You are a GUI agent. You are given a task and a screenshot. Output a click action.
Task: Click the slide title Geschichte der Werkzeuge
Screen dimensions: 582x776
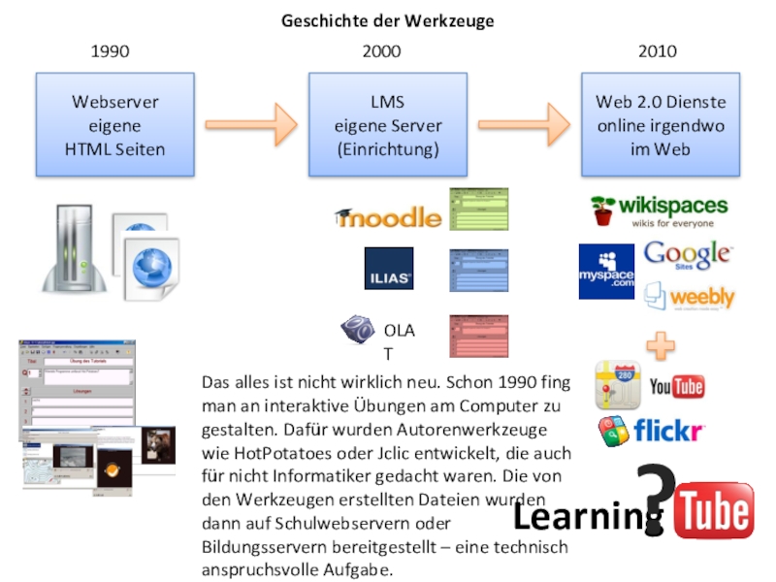(388, 20)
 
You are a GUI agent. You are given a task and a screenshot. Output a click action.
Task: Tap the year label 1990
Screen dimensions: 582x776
(110, 51)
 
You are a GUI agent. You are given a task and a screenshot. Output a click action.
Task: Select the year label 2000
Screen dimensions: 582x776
(381, 51)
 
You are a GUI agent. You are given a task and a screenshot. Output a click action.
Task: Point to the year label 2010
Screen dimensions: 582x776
(658, 51)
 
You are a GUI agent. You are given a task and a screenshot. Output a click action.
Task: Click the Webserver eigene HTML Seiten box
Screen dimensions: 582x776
(114, 126)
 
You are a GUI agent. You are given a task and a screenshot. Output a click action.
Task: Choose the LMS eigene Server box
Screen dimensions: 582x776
(388, 126)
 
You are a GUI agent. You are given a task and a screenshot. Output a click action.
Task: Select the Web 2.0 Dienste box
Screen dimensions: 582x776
(660, 126)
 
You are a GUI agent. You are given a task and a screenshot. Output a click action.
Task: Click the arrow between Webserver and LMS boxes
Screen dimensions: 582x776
(252, 123)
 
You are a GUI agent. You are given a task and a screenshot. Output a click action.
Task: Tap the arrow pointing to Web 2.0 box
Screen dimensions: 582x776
(524, 123)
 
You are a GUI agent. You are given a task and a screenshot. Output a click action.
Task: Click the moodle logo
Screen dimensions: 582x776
(388, 217)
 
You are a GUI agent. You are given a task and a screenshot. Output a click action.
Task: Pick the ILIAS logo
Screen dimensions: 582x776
(388, 269)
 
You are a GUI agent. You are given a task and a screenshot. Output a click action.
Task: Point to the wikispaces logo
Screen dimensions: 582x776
(660, 210)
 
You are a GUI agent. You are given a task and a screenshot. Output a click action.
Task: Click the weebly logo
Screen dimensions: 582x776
(691, 296)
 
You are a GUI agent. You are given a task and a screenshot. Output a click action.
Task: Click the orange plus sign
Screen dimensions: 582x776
(661, 345)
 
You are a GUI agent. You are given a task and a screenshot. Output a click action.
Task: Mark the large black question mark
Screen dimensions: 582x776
(657, 495)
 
